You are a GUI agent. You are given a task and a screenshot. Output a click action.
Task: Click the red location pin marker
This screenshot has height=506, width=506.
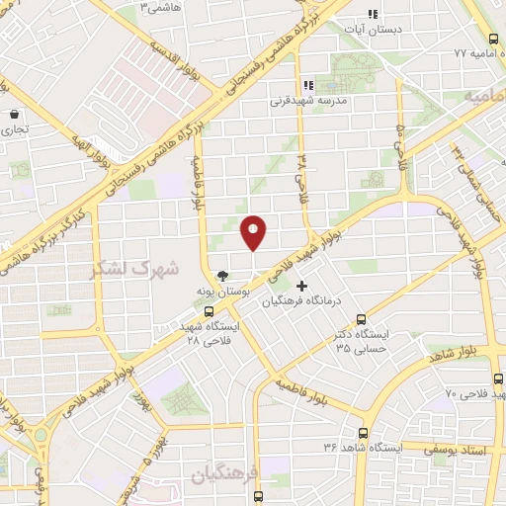click(x=253, y=233)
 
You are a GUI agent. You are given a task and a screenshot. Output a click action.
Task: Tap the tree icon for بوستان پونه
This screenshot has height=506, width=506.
click(x=223, y=276)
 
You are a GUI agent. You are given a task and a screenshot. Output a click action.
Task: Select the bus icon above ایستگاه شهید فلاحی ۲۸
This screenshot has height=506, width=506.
click(x=208, y=310)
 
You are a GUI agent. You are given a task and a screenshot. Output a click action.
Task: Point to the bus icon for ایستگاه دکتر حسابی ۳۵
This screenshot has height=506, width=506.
click(x=361, y=320)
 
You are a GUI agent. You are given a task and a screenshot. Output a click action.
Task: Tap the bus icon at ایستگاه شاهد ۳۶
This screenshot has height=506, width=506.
click(x=363, y=433)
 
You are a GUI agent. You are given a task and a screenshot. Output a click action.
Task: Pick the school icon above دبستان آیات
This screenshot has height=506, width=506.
click(x=373, y=14)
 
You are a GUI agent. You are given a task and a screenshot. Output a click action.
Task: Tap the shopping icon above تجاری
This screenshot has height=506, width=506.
click(x=14, y=114)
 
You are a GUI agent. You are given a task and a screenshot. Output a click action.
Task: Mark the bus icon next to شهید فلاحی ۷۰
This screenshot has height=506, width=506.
click(x=496, y=379)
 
